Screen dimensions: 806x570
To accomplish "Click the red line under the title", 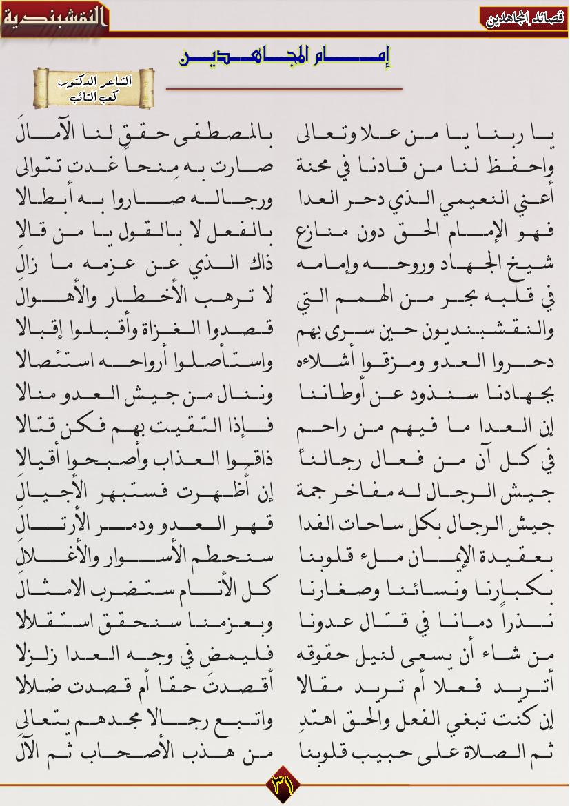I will [284, 89].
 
